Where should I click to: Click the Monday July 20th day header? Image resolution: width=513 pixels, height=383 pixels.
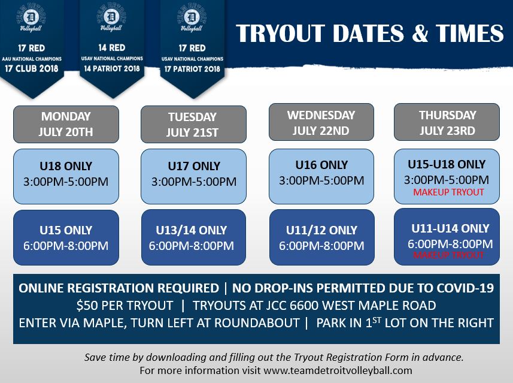pos(66,124)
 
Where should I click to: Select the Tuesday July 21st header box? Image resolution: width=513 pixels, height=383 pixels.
pos(193,124)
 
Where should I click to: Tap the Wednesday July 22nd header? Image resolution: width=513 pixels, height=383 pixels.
pos(321,122)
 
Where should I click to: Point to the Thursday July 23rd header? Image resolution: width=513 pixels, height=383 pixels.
pos(447,122)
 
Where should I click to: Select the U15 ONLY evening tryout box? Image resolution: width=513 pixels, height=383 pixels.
pos(66,237)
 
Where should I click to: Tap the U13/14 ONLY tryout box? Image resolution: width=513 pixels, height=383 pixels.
pos(193,237)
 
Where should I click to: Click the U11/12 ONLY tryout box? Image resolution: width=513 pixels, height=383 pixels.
pos(321,237)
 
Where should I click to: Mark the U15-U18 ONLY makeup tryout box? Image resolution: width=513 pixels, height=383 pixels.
pos(447,176)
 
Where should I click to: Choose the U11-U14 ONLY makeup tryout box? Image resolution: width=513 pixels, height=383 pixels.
pos(447,237)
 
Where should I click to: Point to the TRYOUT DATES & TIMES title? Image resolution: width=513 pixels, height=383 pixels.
pos(369,34)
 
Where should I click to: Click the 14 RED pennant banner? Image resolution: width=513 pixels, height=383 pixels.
pos(111,48)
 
